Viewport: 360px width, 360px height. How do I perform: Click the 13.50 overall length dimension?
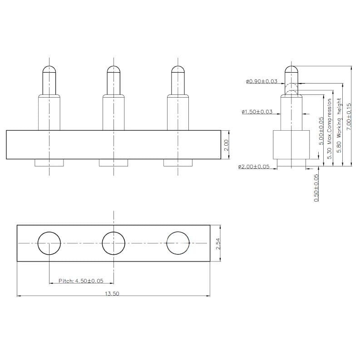click(x=112, y=294)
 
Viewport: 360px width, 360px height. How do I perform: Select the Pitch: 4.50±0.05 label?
click(x=81, y=281)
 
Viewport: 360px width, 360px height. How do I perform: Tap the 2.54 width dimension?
click(x=218, y=243)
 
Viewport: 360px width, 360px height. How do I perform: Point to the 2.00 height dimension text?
click(x=227, y=145)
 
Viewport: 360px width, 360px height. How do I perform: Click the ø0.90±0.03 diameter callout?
click(x=262, y=81)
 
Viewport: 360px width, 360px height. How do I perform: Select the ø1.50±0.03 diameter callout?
click(x=257, y=111)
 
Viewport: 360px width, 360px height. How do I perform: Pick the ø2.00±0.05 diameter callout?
click(x=254, y=167)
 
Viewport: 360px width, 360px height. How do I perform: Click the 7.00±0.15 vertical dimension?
click(x=349, y=117)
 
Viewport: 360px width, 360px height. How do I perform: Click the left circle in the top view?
click(x=49, y=243)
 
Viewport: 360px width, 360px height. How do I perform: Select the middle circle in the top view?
click(x=113, y=243)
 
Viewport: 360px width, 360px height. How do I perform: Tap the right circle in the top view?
click(x=178, y=243)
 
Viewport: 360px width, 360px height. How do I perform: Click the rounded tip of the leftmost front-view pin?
click(x=49, y=69)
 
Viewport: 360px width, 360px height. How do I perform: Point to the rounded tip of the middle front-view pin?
click(x=113, y=69)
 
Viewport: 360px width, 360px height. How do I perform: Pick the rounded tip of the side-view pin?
click(x=291, y=69)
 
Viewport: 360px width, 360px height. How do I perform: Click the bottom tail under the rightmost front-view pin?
click(x=178, y=163)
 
